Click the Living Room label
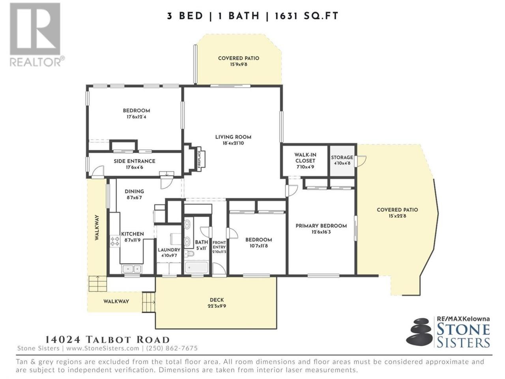(x=233, y=137)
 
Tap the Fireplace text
(x=199, y=159)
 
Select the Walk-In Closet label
(x=305, y=158)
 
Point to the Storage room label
(x=342, y=158)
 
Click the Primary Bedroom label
(x=321, y=226)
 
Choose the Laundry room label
(x=169, y=250)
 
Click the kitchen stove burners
(x=115, y=241)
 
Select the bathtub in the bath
(x=197, y=268)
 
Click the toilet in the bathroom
(x=190, y=253)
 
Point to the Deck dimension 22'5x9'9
(x=217, y=306)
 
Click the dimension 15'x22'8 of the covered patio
(x=397, y=216)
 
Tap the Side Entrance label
(x=135, y=161)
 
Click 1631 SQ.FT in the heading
(x=307, y=16)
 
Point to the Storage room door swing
(x=361, y=161)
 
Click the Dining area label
(x=135, y=191)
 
